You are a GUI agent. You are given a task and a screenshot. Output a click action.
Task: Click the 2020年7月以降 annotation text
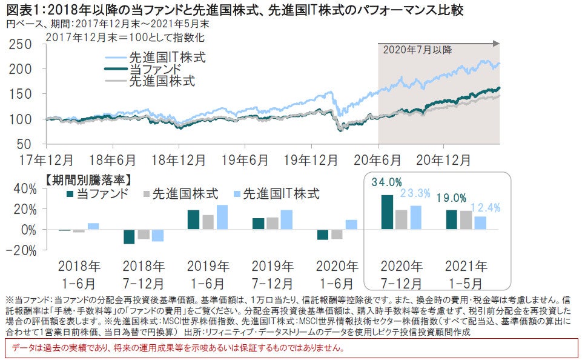click(x=417, y=50)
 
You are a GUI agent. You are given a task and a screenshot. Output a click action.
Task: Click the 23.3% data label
click(x=415, y=193)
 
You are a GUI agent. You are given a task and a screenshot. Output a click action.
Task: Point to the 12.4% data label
click(x=484, y=208)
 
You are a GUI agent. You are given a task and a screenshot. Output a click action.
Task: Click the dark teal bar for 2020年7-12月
click(x=387, y=212)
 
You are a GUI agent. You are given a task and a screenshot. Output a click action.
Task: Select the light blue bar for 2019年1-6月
click(x=222, y=217)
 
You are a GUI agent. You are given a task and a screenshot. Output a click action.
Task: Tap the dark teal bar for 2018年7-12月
click(x=129, y=236)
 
